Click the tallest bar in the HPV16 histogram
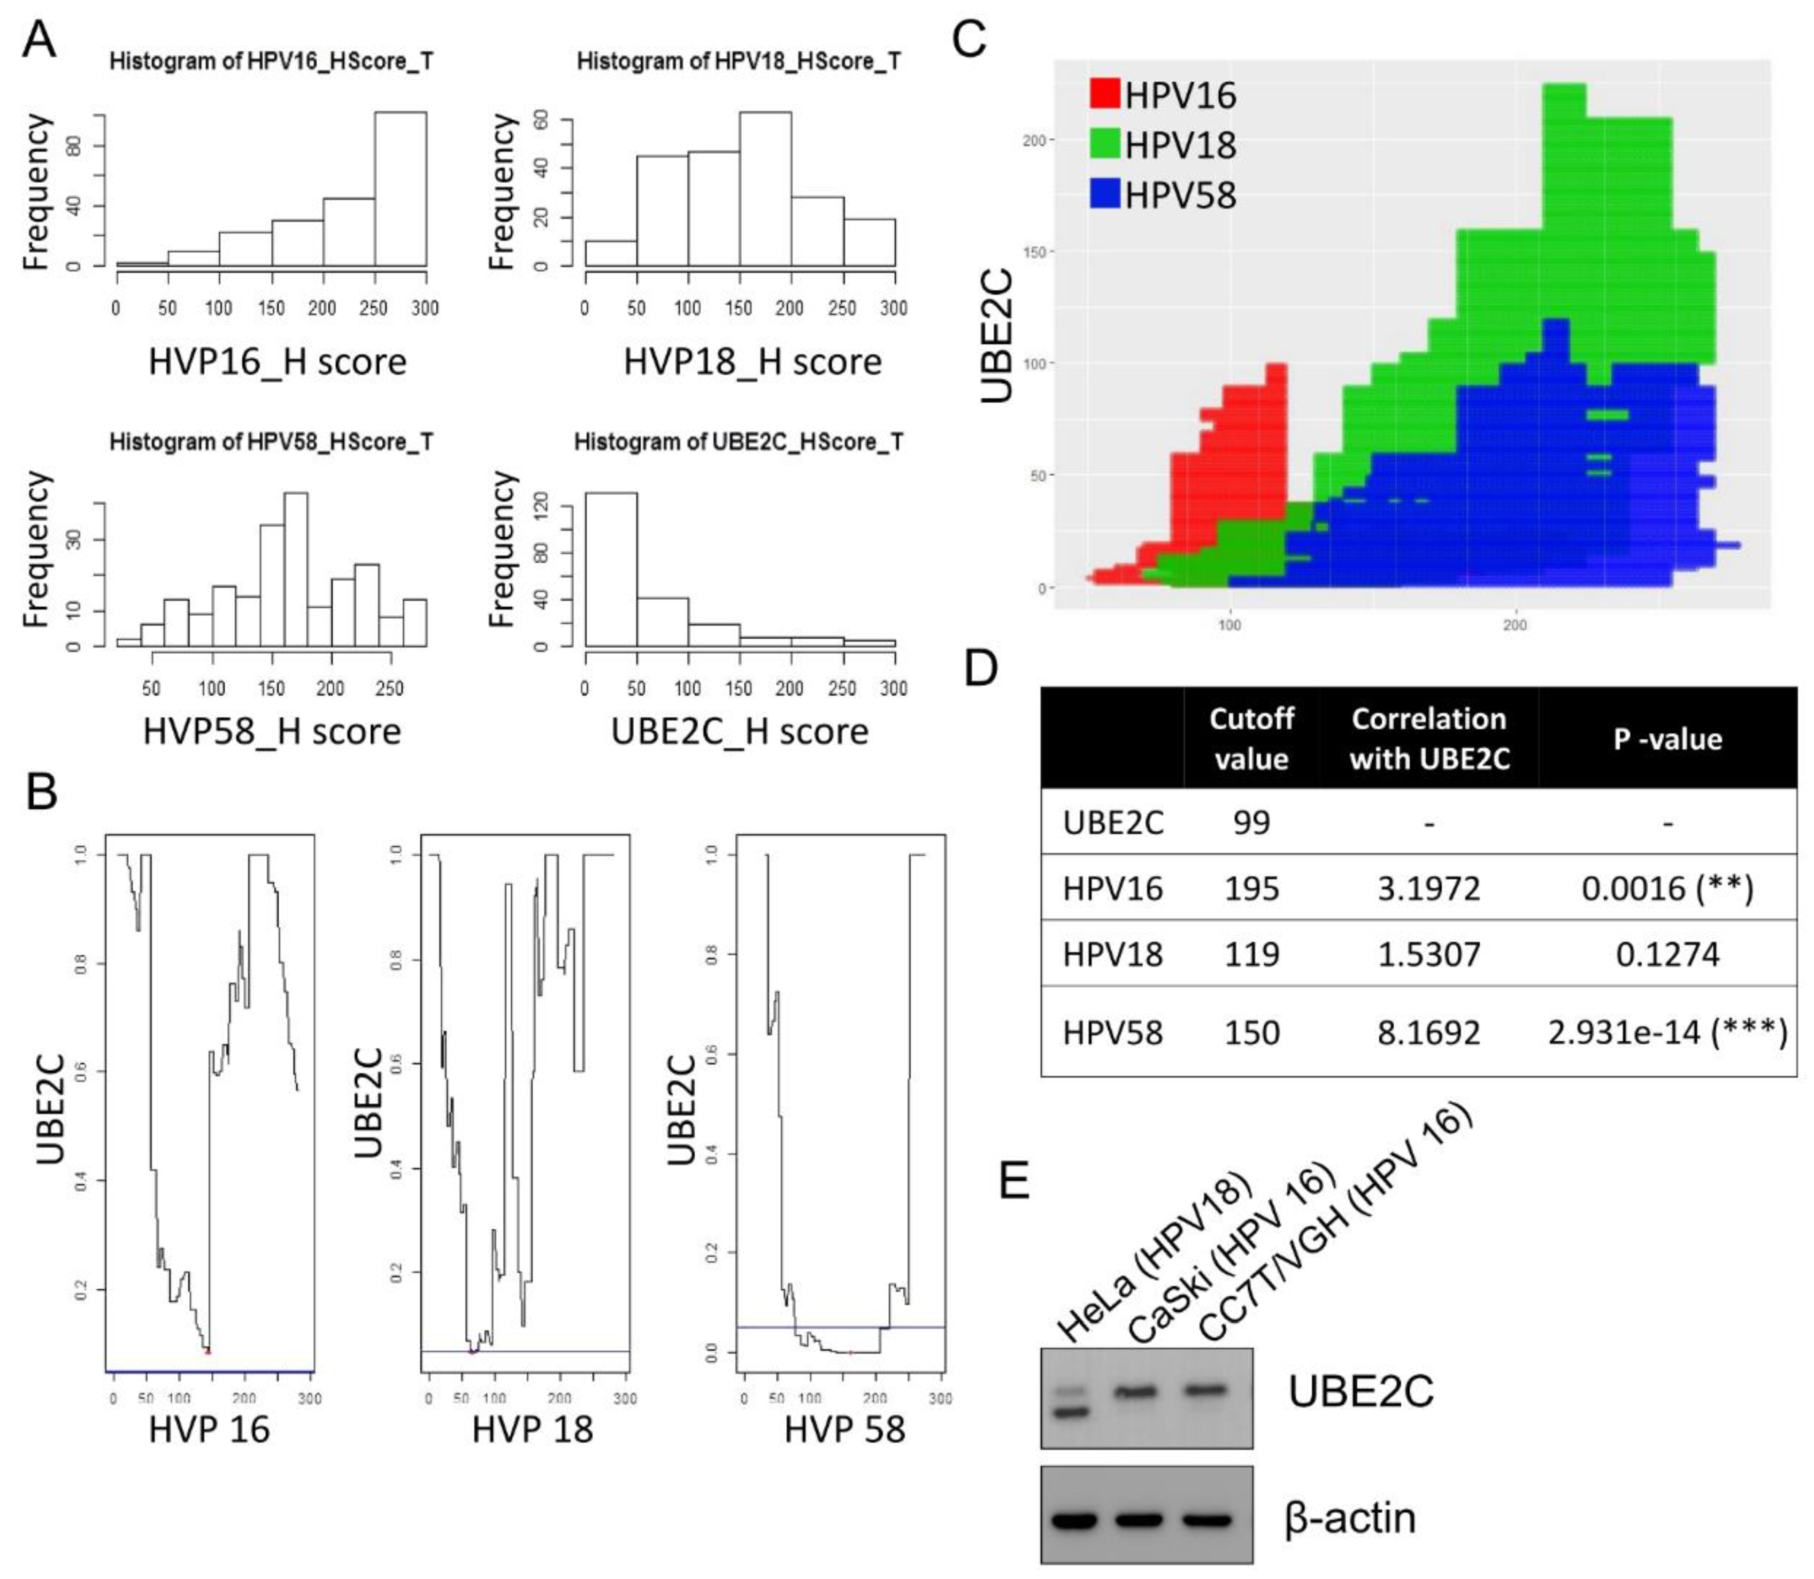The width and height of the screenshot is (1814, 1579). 400,189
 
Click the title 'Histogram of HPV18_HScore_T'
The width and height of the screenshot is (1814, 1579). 739,61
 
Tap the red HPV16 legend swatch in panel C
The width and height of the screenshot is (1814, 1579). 1104,94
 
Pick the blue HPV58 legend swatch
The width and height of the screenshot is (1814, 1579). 1104,193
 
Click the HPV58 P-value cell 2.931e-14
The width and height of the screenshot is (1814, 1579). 1667,1032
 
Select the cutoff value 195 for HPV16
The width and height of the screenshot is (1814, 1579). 1251,888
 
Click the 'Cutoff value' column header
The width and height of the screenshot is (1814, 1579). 1251,738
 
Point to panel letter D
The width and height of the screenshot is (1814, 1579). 980,668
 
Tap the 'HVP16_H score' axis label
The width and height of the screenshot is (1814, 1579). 277,362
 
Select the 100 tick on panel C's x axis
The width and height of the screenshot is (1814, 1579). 1229,625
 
